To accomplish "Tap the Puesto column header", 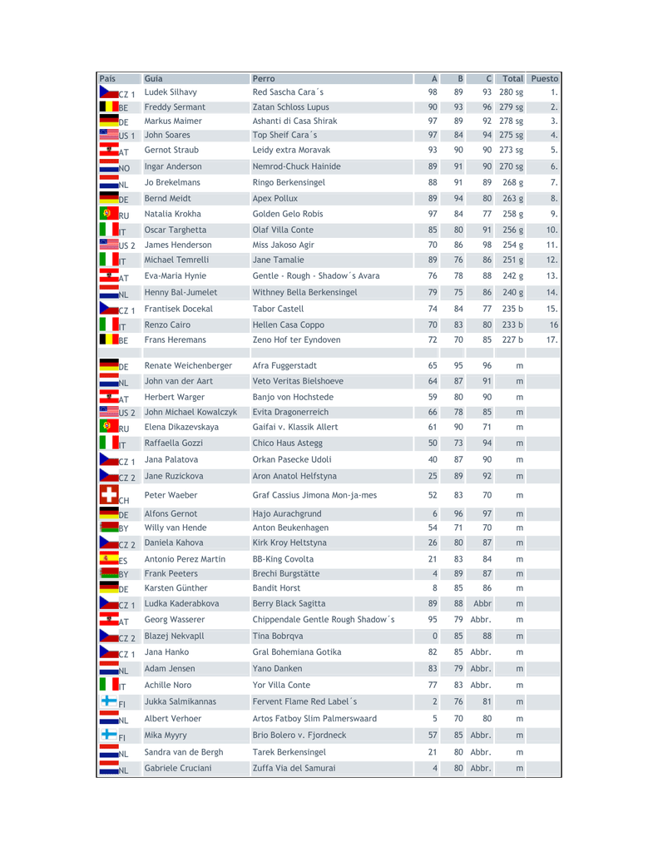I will pos(545,79).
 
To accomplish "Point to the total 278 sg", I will pos(511,121).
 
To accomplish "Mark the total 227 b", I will pos(511,339).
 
